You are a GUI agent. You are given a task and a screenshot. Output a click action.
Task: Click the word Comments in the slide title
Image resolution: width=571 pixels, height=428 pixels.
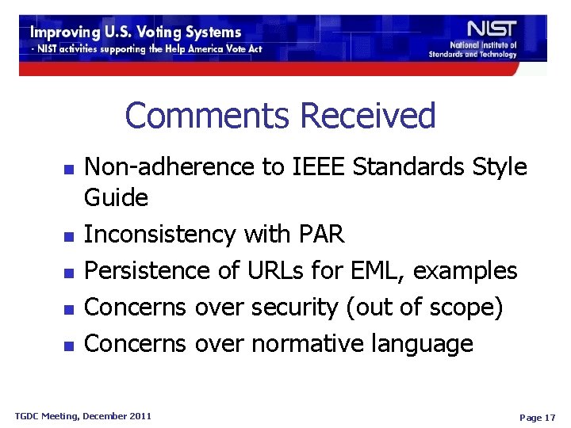click(208, 116)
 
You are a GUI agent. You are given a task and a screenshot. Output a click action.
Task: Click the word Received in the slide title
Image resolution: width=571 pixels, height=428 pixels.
click(367, 116)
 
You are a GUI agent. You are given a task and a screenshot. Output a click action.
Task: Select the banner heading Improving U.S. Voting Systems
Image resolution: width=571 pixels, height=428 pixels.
click(136, 32)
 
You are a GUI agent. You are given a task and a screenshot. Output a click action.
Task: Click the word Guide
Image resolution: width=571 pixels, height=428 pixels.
click(116, 197)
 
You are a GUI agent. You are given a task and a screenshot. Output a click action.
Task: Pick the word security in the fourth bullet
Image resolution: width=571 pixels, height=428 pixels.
click(294, 308)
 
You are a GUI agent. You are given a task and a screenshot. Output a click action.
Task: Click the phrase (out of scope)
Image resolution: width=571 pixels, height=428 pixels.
click(424, 308)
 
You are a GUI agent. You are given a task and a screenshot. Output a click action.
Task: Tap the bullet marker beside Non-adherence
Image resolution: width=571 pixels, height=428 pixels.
click(68, 169)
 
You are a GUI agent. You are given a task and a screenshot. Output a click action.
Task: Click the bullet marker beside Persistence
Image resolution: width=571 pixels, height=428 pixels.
click(68, 273)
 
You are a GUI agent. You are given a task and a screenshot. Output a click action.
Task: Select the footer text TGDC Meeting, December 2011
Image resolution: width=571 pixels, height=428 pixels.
click(82, 415)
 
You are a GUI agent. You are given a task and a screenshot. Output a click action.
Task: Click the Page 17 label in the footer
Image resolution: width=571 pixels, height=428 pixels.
click(536, 417)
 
